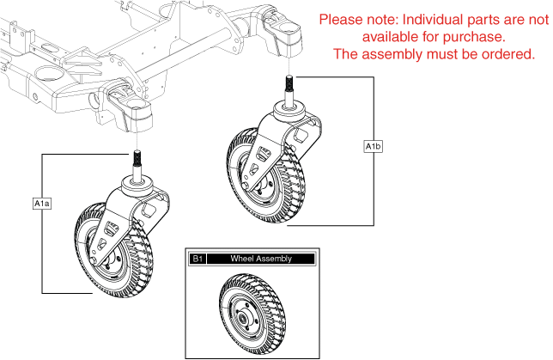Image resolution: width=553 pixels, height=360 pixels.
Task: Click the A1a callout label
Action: (42, 204)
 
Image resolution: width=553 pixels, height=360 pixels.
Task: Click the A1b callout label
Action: (374, 147)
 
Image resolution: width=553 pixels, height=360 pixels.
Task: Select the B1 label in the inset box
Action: (197, 259)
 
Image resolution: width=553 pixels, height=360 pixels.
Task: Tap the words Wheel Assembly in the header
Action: (261, 259)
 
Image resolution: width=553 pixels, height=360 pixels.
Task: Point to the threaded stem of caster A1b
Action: (290, 88)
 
